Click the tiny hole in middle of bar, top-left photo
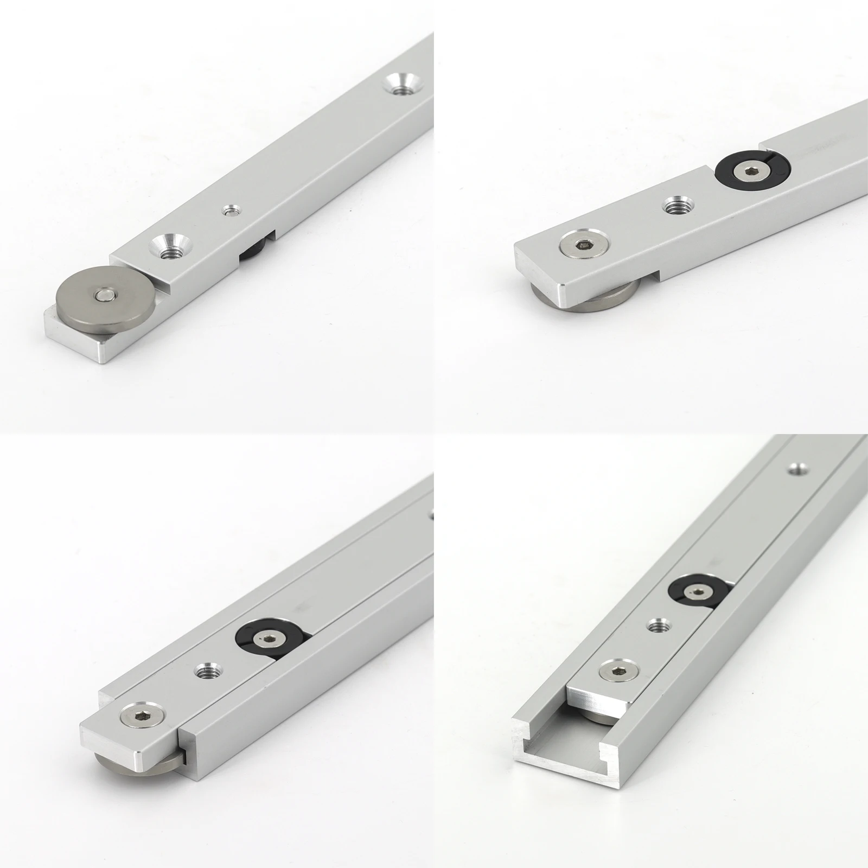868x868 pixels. click(232, 209)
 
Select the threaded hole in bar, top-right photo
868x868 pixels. click(676, 207)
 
